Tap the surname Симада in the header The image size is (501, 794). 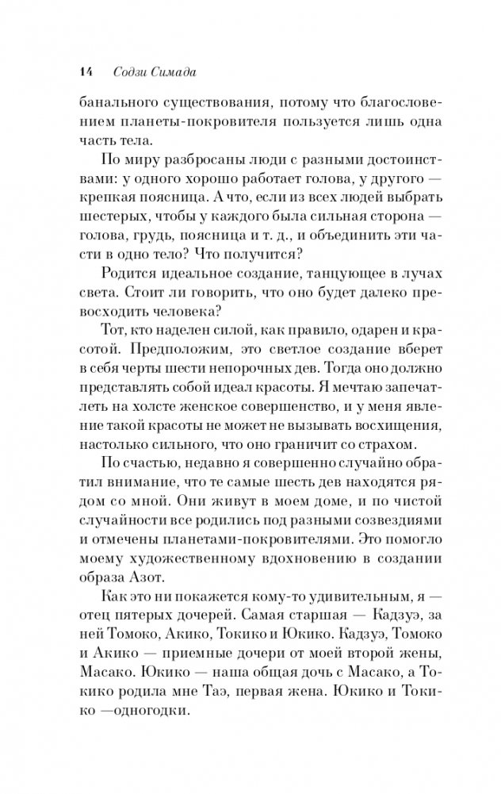point(175,73)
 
